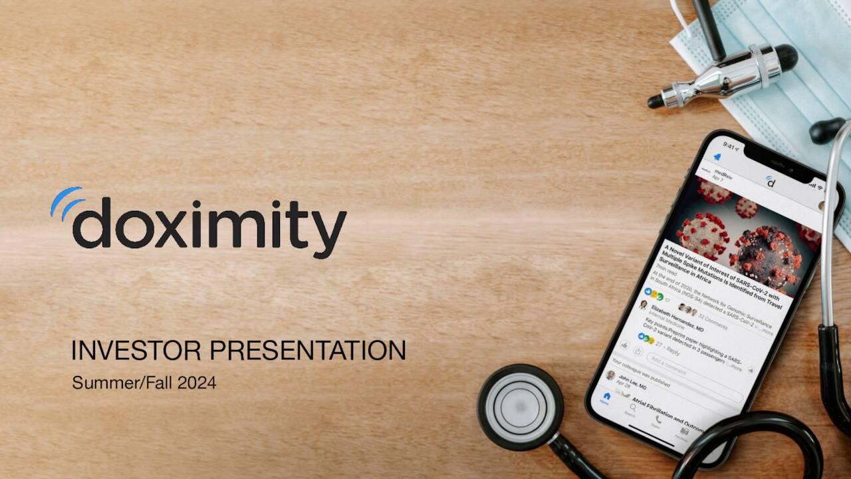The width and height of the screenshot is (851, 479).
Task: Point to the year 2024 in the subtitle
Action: pyautogui.click(x=197, y=383)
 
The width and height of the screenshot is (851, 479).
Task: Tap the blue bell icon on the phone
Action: pyautogui.click(x=717, y=157)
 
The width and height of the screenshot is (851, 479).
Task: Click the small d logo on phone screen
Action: pyautogui.click(x=770, y=182)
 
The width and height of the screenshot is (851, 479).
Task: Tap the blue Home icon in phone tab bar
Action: pyautogui.click(x=606, y=397)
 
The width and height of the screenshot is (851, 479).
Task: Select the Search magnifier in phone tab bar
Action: pyautogui.click(x=632, y=409)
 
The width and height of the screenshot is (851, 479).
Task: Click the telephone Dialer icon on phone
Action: pyautogui.click(x=658, y=420)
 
